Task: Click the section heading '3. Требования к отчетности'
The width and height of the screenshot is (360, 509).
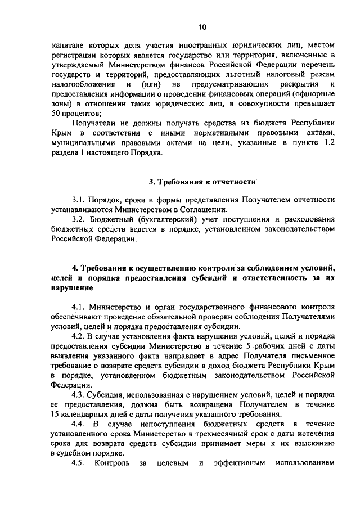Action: click(x=202, y=182)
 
